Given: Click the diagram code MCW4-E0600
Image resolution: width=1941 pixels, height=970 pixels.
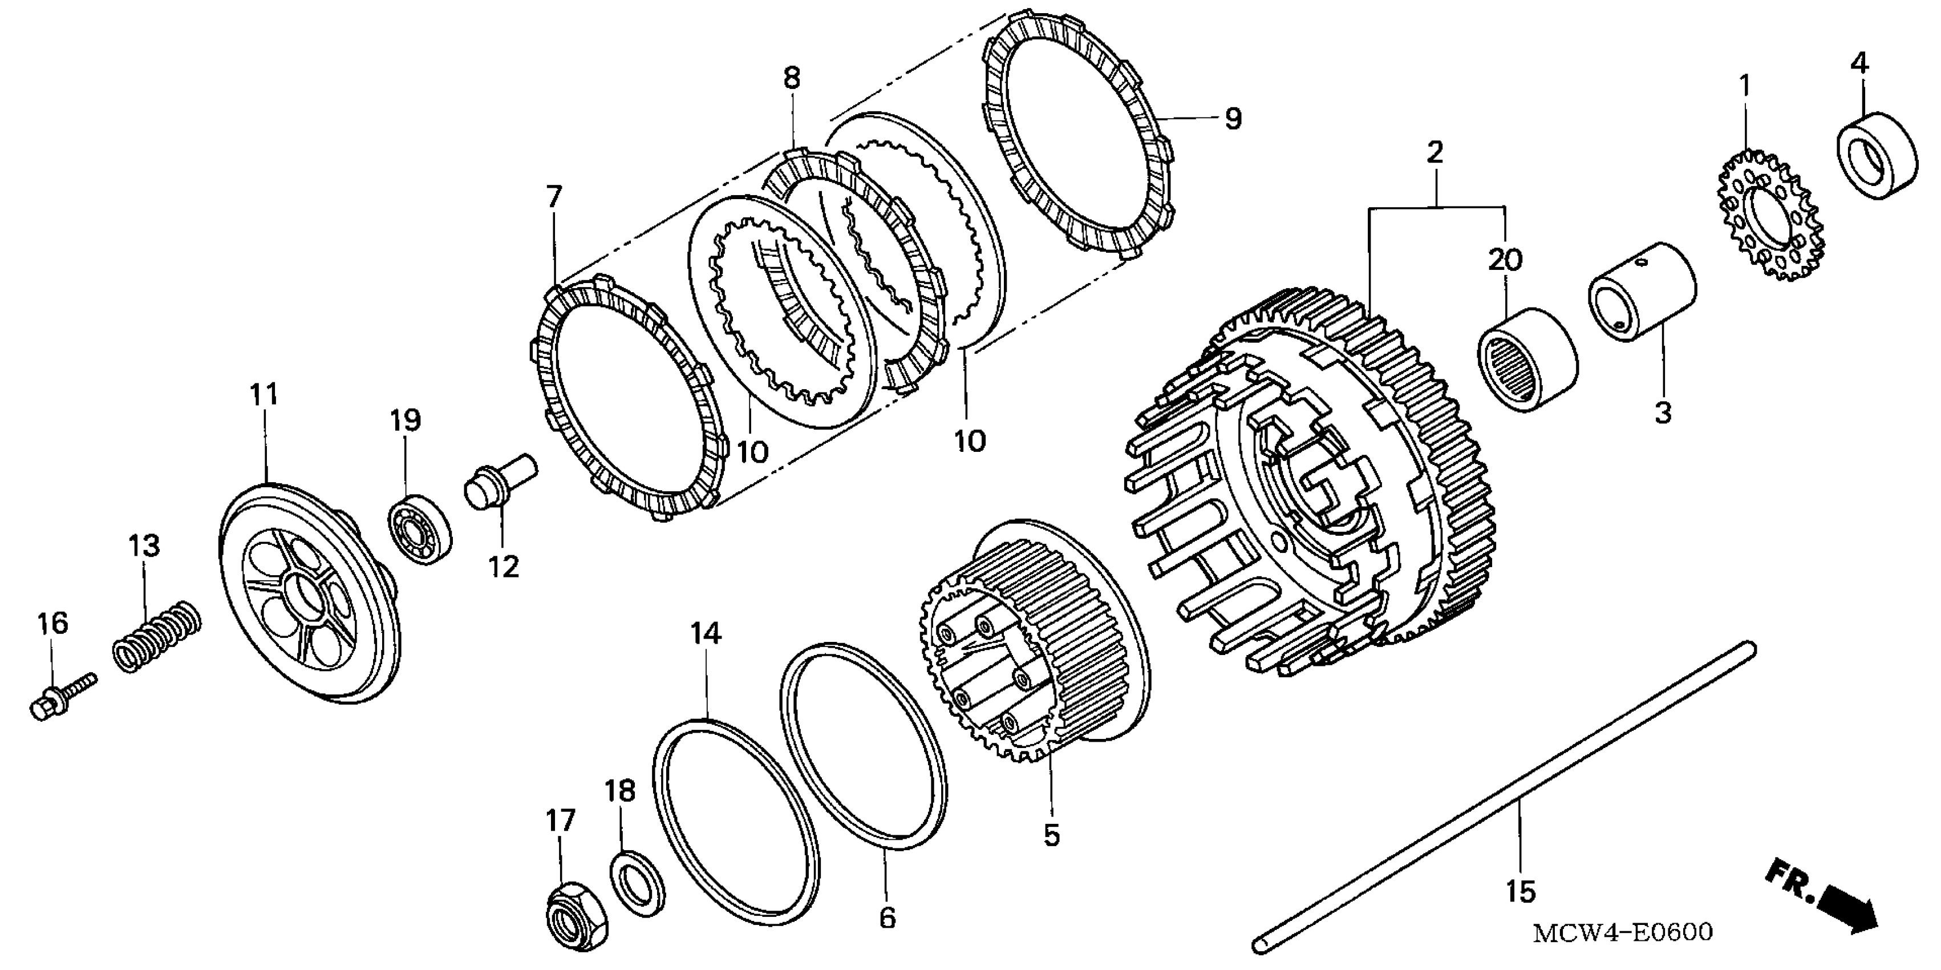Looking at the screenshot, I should click(1622, 932).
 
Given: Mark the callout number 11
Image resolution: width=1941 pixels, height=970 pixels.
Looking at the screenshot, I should click(264, 394).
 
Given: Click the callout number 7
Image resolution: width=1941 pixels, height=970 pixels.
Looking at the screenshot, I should click(554, 197).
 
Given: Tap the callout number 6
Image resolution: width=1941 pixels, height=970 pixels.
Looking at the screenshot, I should click(888, 918).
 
